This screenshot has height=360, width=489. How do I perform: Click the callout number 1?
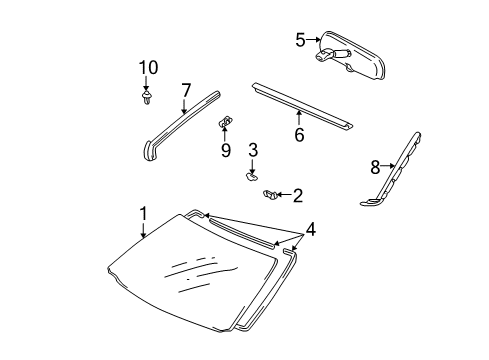(x=143, y=213)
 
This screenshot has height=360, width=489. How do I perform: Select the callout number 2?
(x=298, y=196)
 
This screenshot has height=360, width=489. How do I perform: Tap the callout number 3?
(x=253, y=150)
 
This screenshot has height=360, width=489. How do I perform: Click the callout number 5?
(x=299, y=40)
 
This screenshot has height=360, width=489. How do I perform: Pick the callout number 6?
(x=298, y=134)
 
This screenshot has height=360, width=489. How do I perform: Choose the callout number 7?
(x=186, y=91)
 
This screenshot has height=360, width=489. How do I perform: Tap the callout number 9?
(x=226, y=151)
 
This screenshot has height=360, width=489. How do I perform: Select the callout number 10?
(x=148, y=68)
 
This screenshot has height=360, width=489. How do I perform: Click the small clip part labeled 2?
(x=269, y=195)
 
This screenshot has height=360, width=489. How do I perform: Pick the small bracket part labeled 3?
(x=247, y=178)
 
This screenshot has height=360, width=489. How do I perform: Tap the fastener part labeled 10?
(x=148, y=98)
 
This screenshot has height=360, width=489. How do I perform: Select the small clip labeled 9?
(x=226, y=122)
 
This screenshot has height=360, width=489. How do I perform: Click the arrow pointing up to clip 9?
(x=226, y=134)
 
